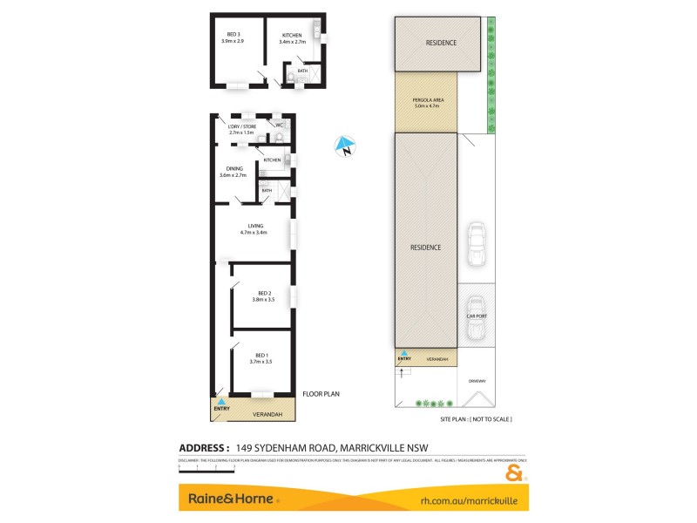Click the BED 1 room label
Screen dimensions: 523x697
[261, 357]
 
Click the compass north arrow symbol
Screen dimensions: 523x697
[347, 147]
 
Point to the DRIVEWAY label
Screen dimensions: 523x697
[476, 380]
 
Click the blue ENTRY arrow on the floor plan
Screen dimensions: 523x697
[221, 401]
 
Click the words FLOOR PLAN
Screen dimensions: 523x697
[321, 394]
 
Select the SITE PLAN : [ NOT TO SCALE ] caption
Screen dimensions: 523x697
[476, 419]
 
